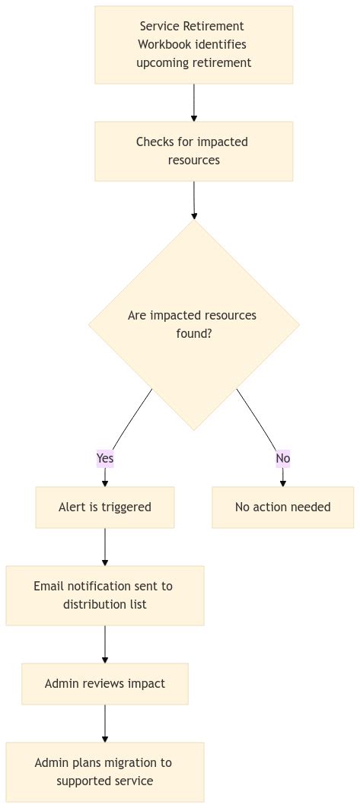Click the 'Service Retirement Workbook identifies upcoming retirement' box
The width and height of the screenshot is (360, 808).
click(193, 45)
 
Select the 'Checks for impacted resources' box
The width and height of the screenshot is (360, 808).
click(193, 151)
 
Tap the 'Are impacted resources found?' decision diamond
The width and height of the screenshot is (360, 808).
click(193, 325)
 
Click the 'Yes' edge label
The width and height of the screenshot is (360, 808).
click(105, 458)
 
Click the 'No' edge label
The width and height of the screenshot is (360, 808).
click(283, 458)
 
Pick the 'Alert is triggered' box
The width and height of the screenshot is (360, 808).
click(105, 507)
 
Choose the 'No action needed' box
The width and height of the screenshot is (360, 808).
click(282, 507)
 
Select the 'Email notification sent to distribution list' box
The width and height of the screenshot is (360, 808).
click(105, 596)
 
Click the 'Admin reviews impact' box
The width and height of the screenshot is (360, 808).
click(105, 684)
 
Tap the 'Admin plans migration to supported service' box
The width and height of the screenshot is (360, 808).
click(105, 772)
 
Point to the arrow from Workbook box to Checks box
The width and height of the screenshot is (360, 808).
click(194, 102)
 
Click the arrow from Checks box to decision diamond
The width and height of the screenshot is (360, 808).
click(194, 200)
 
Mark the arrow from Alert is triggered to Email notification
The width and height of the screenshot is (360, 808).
click(105, 546)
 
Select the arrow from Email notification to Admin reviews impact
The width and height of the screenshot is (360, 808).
click(105, 644)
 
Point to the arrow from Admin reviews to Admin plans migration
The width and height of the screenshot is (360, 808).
click(105, 723)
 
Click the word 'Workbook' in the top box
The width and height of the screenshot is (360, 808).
click(159, 45)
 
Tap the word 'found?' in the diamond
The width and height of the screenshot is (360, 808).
click(193, 333)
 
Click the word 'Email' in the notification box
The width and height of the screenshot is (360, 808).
click(49, 587)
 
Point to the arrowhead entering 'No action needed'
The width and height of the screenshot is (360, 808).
click(283, 482)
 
